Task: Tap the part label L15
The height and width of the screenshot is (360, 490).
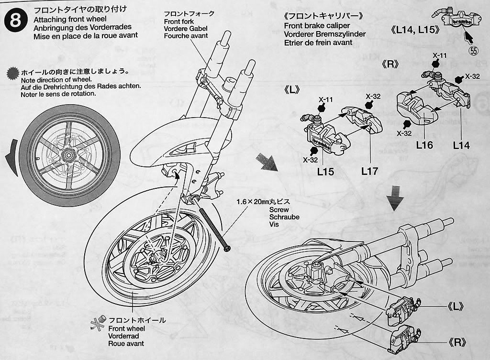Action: pyautogui.click(x=325, y=171)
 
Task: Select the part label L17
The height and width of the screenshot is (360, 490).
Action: pyautogui.click(x=369, y=171)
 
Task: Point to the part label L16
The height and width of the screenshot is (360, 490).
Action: pyautogui.click(x=424, y=144)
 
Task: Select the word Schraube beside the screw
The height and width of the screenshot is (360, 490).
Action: pyautogui.click(x=284, y=217)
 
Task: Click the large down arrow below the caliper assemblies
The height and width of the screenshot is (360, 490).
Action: pyautogui.click(x=394, y=198)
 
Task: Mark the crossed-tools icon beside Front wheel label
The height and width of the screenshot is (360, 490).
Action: pyautogui.click(x=97, y=324)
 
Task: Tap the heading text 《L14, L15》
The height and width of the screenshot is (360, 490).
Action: pyautogui.click(x=415, y=30)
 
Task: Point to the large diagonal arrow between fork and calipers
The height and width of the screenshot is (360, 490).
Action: pyautogui.click(x=267, y=163)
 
